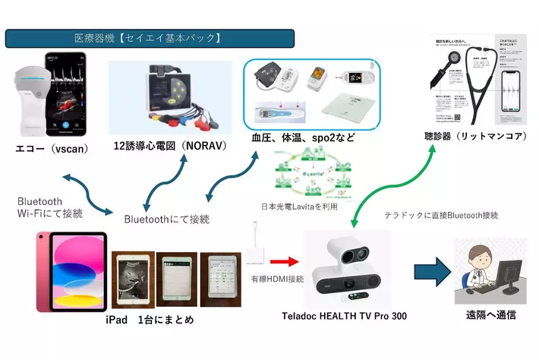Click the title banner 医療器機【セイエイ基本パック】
pyautogui.click(x=150, y=38)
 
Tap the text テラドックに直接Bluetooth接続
pyautogui.click(x=441, y=215)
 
